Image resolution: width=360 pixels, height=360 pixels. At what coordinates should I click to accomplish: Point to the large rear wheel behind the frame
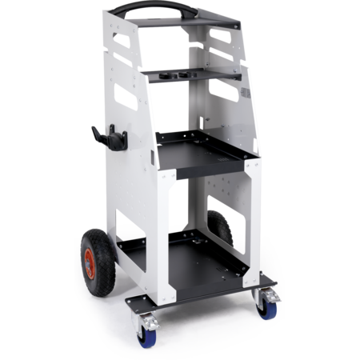220,227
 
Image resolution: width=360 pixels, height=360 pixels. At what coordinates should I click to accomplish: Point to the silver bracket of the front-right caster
268,297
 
